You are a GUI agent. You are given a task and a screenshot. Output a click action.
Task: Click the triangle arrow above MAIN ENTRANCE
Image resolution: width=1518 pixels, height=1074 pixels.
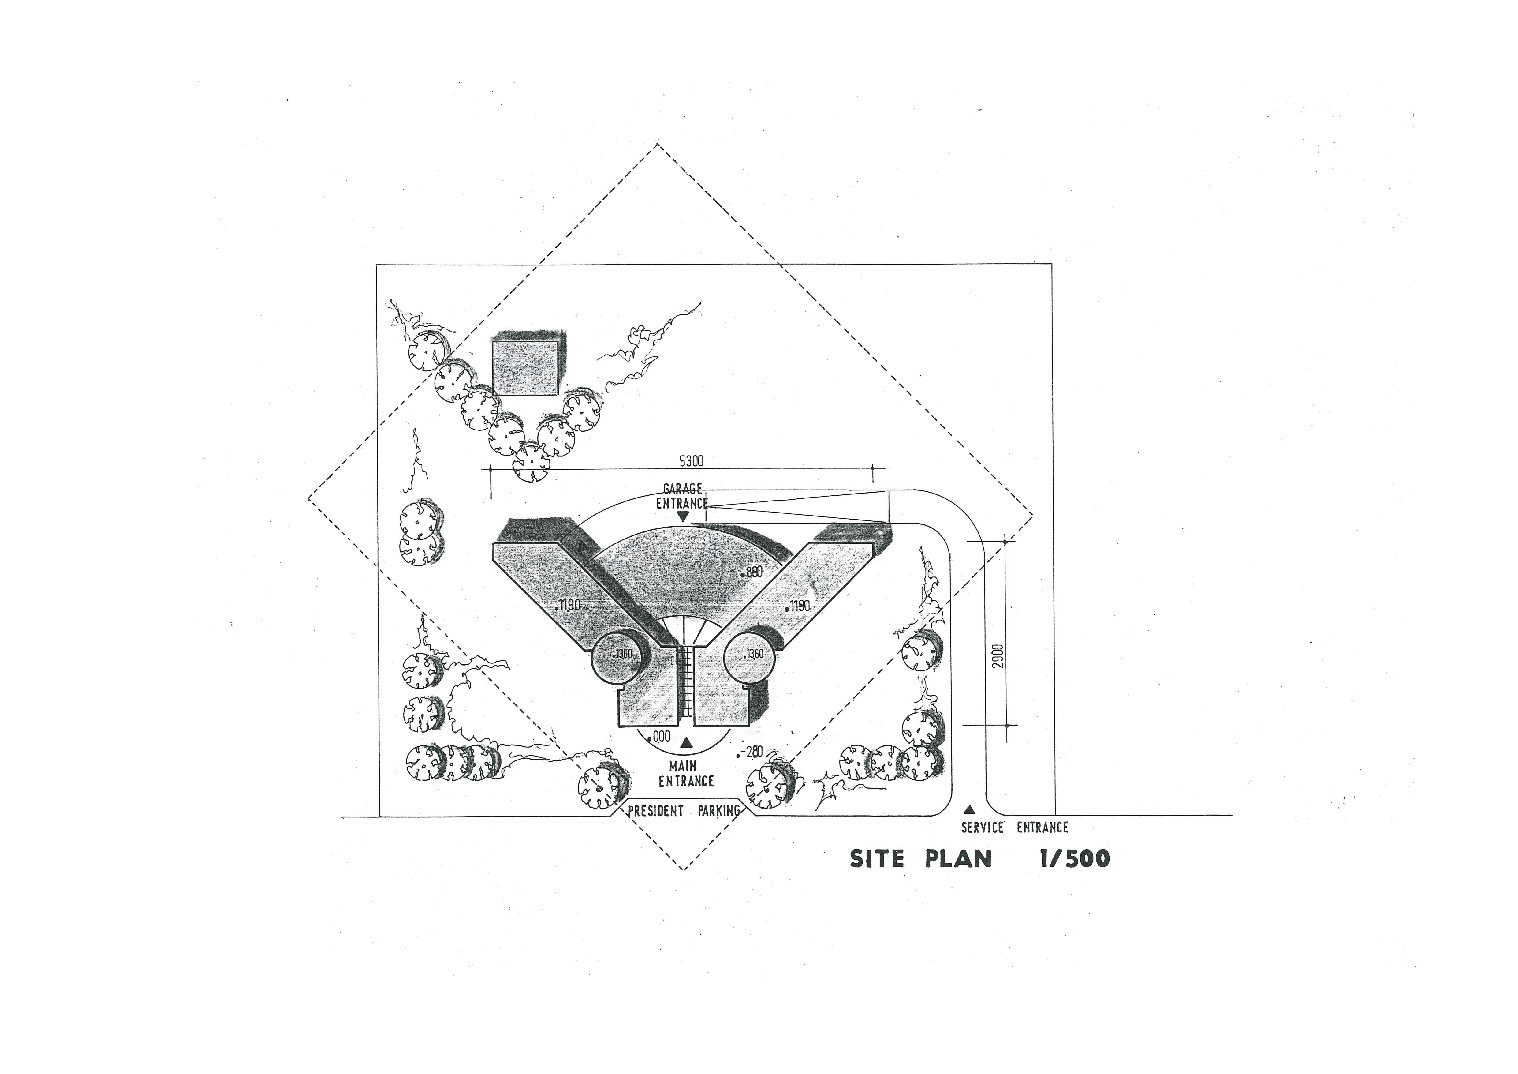[x=686, y=743]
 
